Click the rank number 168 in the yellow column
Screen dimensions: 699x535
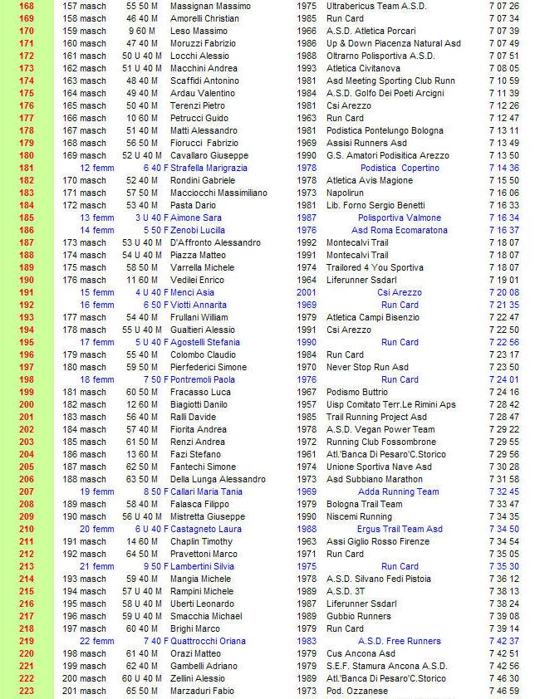coord(26,5)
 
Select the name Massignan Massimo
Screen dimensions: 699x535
coord(210,5)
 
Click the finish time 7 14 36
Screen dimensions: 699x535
coord(503,168)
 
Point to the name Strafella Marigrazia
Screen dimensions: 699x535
coord(209,168)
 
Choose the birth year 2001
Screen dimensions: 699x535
coord(306,292)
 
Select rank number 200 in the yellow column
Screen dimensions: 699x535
coord(26,404)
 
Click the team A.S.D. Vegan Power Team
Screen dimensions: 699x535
coord(380,429)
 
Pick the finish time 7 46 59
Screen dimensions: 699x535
coord(503,691)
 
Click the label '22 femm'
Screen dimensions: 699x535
coord(97,641)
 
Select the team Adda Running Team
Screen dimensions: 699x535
coord(399,491)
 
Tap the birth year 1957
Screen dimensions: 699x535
coord(306,404)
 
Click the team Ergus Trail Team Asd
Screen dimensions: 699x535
coord(400,529)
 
